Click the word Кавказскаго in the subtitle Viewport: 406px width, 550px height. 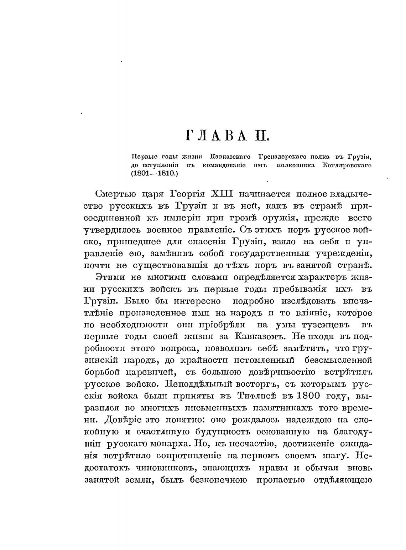pos(230,156)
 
